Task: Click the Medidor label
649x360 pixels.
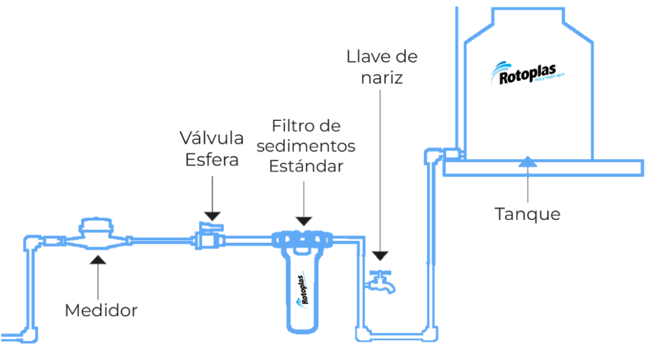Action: click(101, 311)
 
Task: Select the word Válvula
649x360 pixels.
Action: click(212, 138)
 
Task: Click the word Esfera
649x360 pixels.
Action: click(212, 159)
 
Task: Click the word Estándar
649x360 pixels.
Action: click(305, 167)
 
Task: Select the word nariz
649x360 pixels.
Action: click(382, 79)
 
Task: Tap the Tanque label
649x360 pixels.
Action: click(528, 214)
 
